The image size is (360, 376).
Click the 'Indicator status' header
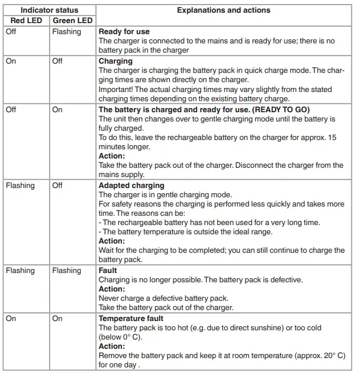[50, 10]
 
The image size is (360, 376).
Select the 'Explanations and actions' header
[223, 10]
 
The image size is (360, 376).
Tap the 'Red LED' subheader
[27, 21]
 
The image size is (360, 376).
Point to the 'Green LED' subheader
[73, 21]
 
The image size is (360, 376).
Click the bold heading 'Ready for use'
[124, 32]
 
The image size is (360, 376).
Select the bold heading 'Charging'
[116, 61]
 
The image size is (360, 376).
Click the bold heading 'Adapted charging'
[131, 186]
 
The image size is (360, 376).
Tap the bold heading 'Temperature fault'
[131, 318]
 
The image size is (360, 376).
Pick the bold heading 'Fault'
[107, 270]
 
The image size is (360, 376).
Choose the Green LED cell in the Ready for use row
[66, 32]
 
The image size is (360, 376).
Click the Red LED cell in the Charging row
[11, 61]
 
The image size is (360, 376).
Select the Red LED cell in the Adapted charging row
[20, 186]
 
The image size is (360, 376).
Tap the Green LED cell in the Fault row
[66, 270]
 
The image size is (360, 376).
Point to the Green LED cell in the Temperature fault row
[57, 318]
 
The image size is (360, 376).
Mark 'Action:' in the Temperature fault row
[112, 346]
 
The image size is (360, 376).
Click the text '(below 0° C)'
[121, 337]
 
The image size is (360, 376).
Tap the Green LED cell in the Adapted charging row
[57, 186]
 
